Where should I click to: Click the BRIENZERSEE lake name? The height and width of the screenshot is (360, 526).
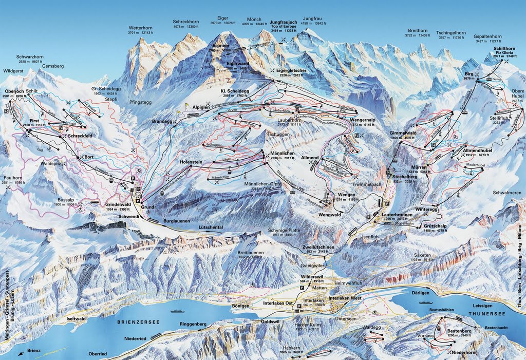coord(138,321)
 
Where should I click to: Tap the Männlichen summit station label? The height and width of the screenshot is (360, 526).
coord(278,153)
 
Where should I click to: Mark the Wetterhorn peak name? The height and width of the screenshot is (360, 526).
coord(141,28)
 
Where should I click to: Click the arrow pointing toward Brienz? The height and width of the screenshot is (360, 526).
coord(21,353)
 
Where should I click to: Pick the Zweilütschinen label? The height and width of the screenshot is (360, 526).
coord(319,247)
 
